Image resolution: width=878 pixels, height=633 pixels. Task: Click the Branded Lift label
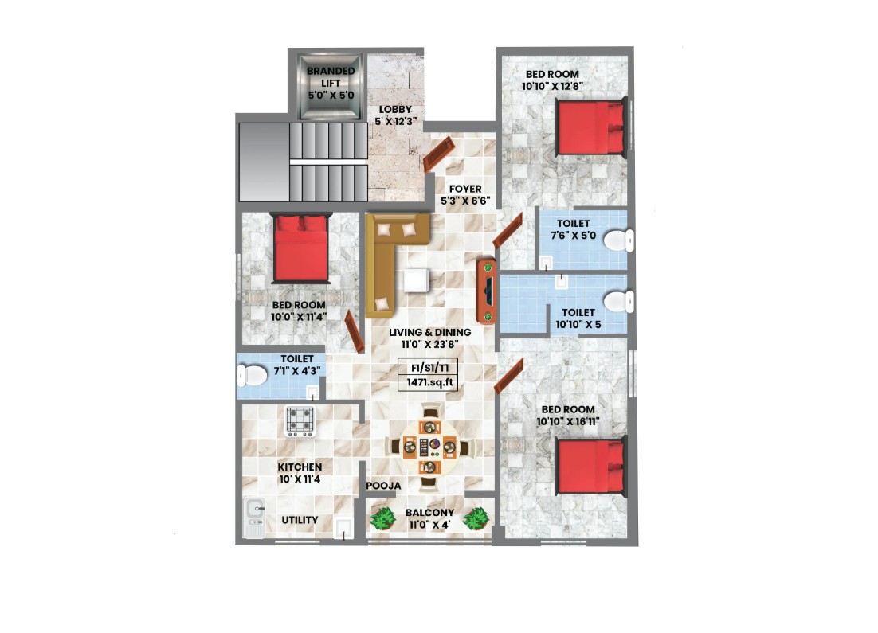(x=331, y=77)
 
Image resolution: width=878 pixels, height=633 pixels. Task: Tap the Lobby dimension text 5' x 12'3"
(x=395, y=121)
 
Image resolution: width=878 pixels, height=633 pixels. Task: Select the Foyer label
(x=464, y=190)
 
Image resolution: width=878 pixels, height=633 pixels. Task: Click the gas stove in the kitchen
(x=300, y=421)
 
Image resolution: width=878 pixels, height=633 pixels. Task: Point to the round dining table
(x=429, y=447)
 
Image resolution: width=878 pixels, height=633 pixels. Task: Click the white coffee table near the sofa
(x=416, y=279)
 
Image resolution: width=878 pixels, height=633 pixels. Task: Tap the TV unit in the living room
(x=486, y=291)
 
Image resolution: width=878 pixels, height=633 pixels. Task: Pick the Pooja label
(x=383, y=486)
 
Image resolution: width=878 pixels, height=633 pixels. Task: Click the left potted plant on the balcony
(x=383, y=519)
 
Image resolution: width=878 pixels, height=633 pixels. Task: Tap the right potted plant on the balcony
(x=476, y=519)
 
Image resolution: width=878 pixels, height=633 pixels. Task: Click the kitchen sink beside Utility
(x=254, y=517)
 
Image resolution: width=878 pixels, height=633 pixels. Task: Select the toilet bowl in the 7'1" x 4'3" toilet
(x=253, y=375)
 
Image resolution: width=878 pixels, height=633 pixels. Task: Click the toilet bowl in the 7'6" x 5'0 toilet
(x=619, y=240)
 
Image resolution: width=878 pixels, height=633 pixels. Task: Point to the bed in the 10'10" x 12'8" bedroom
(x=590, y=127)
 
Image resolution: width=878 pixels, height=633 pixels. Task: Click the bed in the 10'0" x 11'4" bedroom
(x=300, y=248)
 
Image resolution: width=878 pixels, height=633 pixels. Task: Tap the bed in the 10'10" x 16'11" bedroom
(x=591, y=467)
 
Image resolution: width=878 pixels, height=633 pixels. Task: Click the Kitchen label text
(x=300, y=467)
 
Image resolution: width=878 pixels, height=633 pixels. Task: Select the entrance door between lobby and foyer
(x=438, y=154)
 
